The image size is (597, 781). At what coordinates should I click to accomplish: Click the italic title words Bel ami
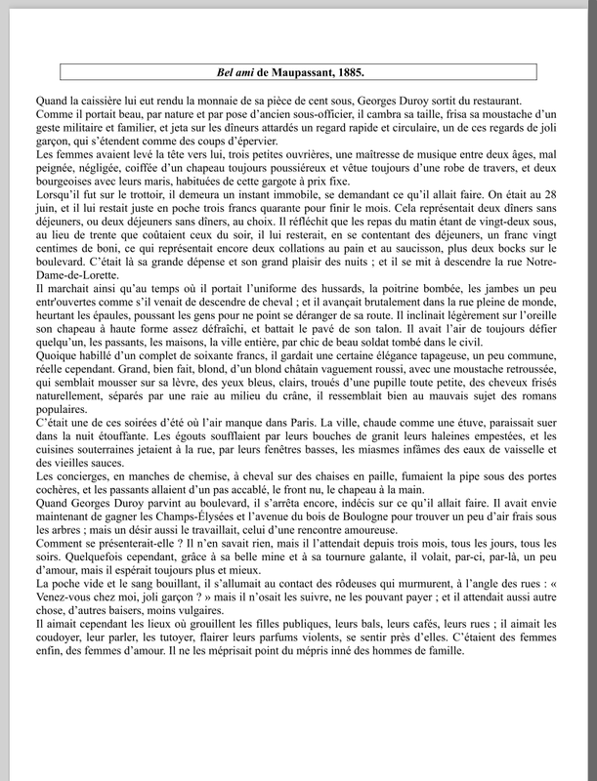pos(236,72)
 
